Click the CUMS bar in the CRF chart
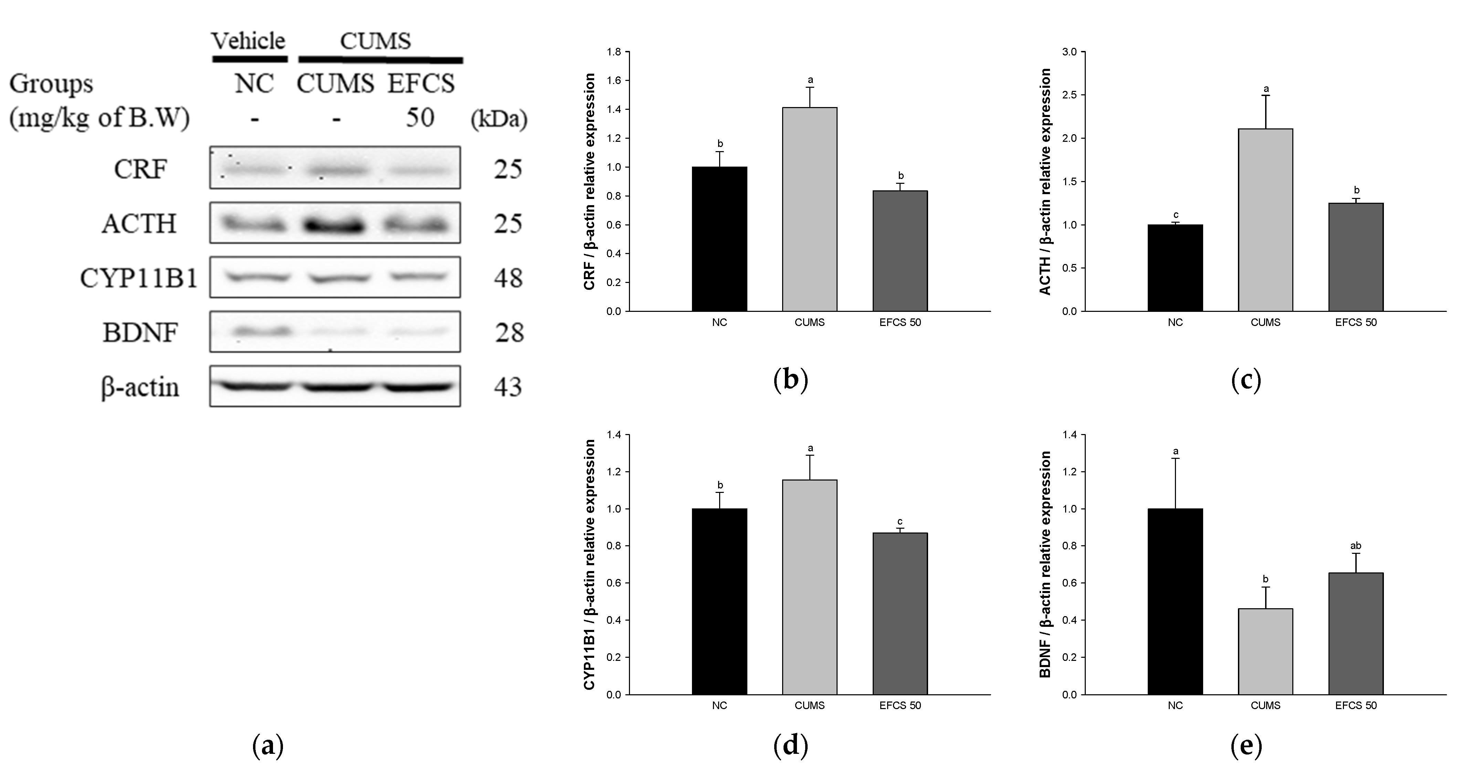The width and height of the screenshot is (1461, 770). [809, 209]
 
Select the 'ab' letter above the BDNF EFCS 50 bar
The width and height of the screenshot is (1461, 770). [1356, 546]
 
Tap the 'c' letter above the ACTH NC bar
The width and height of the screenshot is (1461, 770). [1175, 215]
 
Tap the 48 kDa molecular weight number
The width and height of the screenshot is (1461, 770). [508, 278]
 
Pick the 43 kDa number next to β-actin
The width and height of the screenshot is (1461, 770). [508, 387]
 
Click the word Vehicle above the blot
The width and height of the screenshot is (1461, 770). [249, 41]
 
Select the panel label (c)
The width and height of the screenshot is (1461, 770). [1246, 380]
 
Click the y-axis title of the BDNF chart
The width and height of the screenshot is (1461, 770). [1045, 564]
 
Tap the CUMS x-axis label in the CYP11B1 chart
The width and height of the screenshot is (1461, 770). [809, 705]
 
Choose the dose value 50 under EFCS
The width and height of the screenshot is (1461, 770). [420, 118]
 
